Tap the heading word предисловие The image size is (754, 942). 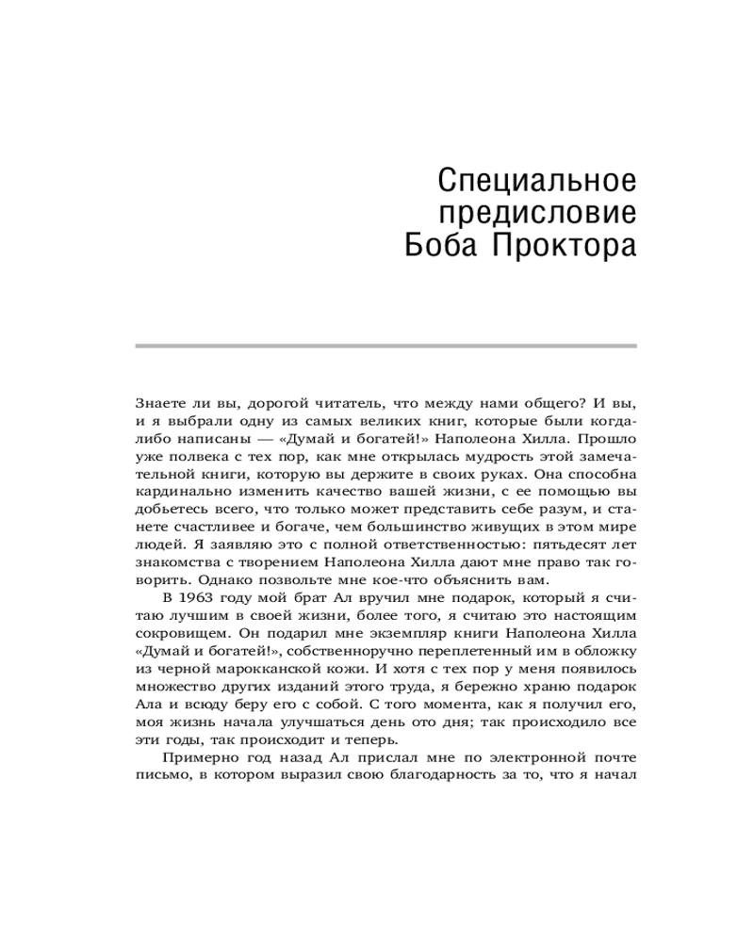539,212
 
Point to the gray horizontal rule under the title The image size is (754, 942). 386,346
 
